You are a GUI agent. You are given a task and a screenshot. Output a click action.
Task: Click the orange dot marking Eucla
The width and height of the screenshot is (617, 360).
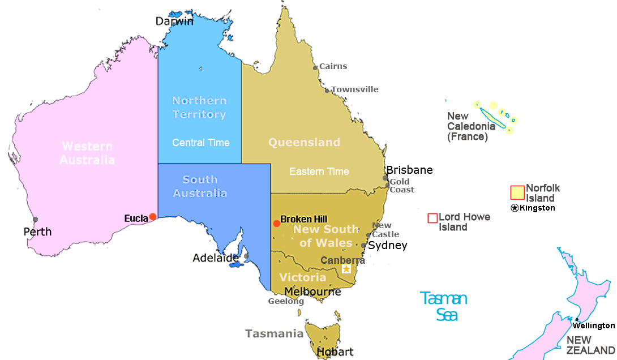[152, 217]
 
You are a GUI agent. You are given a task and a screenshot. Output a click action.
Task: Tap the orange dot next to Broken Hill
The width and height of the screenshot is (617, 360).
[276, 224]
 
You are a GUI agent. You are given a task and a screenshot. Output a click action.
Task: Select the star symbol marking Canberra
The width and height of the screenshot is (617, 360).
[346, 269]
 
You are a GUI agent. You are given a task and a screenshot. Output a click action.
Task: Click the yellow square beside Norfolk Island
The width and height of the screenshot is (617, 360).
[517, 192]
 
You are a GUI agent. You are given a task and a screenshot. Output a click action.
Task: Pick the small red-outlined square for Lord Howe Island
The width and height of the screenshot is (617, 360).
[432, 218]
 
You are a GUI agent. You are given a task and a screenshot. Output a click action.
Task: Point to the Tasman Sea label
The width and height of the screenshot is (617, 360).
[444, 306]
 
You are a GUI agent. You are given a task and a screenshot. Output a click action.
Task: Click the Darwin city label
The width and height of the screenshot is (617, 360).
[175, 22]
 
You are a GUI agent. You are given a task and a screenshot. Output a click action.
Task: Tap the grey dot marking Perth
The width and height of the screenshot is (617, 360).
[35, 220]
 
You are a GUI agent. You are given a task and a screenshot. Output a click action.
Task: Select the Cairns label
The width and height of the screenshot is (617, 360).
[333, 66]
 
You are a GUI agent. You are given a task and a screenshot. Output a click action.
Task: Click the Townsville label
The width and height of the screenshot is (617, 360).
[355, 89]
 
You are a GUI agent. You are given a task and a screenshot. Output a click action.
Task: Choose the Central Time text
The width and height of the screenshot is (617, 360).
[201, 143]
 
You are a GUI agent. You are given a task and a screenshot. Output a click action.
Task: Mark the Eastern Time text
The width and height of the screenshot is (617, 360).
[319, 172]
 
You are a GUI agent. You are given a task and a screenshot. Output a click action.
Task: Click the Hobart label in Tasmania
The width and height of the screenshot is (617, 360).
[335, 352]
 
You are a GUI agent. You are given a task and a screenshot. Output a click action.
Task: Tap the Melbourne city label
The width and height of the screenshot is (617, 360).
[312, 292]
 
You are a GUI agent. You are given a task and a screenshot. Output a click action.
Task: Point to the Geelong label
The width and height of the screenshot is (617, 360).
[286, 301]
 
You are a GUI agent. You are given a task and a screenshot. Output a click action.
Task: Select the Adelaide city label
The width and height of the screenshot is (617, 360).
[216, 258]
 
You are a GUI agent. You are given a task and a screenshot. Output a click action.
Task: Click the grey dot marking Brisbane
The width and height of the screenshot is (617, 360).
[385, 178]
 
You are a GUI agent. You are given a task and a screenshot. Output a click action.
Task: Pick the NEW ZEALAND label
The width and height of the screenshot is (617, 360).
[590, 345]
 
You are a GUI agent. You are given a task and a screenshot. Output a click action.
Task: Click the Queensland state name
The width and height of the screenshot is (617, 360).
[304, 142]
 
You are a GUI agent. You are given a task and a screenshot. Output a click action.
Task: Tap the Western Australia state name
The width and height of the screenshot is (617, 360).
[87, 153]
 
